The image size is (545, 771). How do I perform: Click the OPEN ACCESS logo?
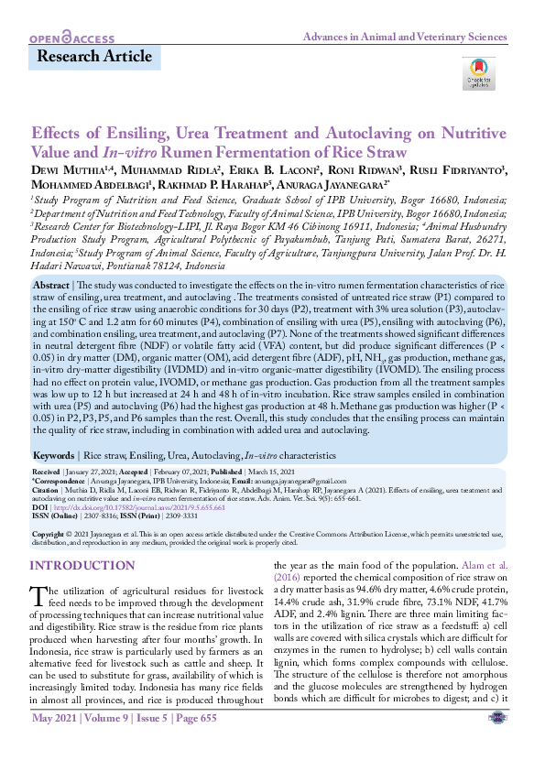click(x=71, y=38)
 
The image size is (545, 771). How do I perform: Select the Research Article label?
click(x=94, y=57)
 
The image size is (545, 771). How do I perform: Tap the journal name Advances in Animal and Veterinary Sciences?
click(x=404, y=38)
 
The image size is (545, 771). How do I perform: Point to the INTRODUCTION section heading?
click(x=82, y=566)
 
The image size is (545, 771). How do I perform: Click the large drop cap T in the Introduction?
click(x=39, y=598)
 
